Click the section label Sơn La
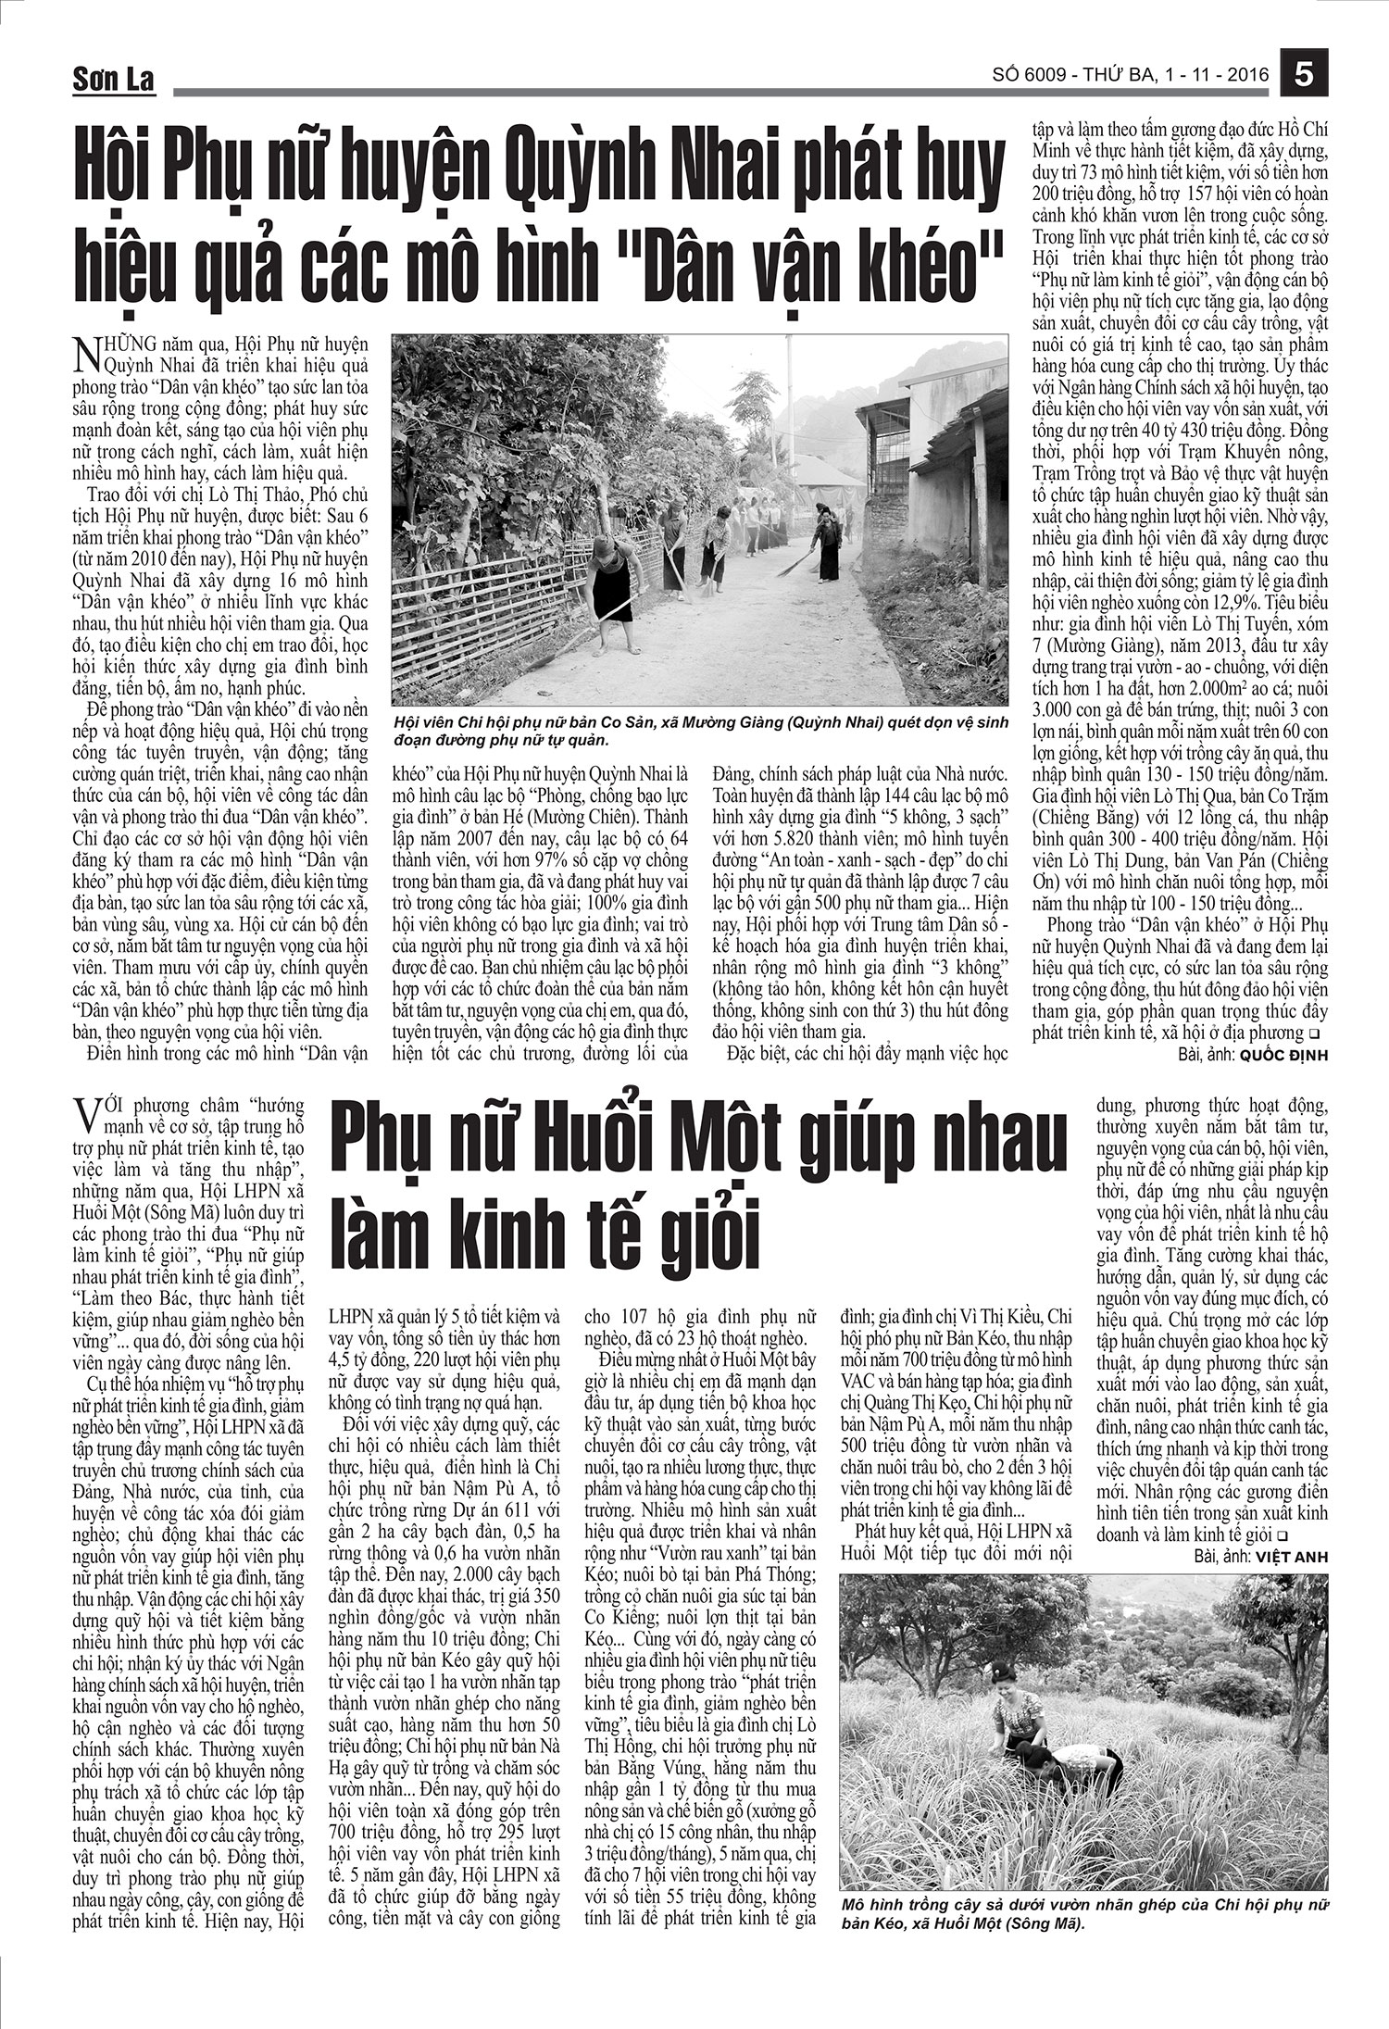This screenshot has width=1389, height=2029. click(x=114, y=81)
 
